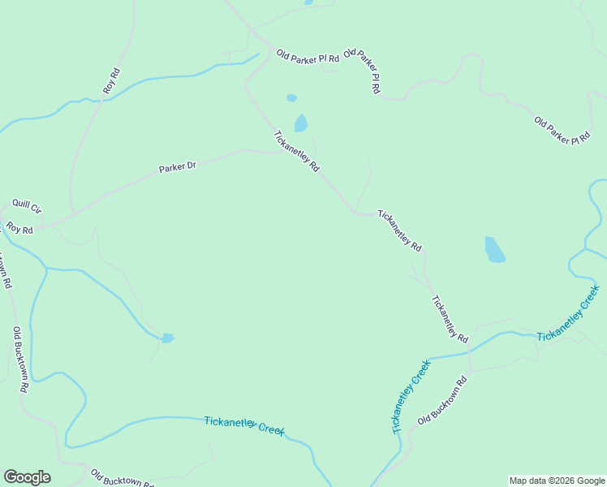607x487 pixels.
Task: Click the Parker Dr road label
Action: click(178, 167)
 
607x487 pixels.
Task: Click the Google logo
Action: click(27, 477)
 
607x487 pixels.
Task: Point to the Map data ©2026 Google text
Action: click(557, 481)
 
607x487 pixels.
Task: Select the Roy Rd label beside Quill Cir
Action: click(19, 229)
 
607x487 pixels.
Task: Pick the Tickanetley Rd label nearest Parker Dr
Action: click(297, 151)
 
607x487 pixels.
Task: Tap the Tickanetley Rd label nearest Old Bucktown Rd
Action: click(450, 317)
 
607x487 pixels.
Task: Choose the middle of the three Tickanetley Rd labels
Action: click(400, 231)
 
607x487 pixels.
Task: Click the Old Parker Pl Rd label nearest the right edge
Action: click(562, 131)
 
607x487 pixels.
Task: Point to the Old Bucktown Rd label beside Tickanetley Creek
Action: click(443, 401)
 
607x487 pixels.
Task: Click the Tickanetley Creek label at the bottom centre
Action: click(244, 425)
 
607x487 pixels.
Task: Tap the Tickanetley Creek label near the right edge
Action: click(568, 313)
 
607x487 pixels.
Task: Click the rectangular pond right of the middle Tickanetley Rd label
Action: click(494, 249)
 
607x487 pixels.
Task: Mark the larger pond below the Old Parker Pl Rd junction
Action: click(301, 123)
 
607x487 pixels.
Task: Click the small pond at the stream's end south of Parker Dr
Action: click(167, 338)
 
